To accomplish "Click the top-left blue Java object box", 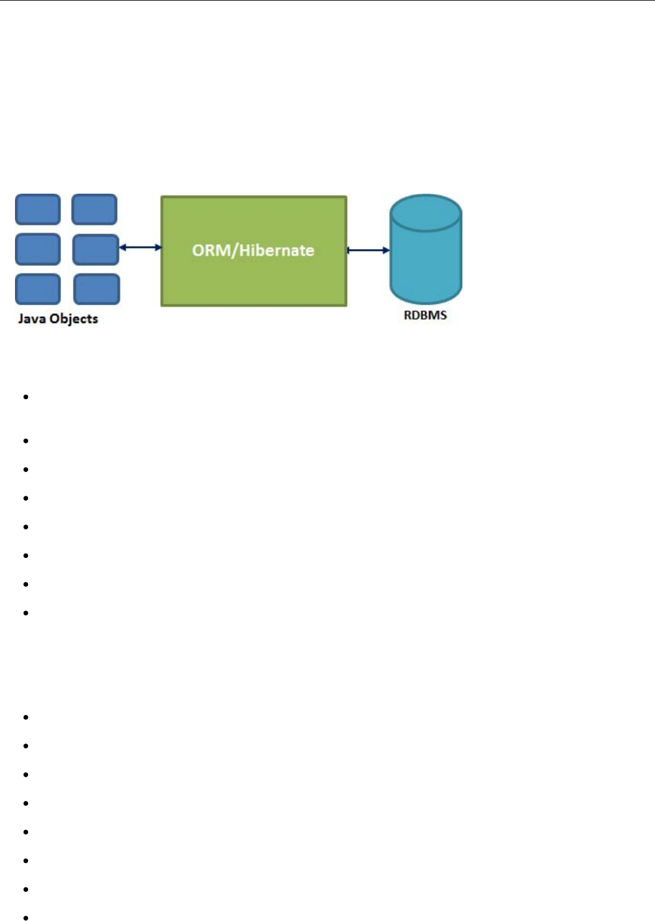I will [38, 209].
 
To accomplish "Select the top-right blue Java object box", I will [94, 209].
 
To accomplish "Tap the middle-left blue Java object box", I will [38, 249].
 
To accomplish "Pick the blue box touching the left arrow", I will [95, 249].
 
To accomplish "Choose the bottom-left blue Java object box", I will [38, 289].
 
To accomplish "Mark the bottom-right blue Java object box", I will [97, 289].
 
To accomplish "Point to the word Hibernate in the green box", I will [276, 250].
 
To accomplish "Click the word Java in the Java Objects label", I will [31, 319].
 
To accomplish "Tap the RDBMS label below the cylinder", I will [425, 315].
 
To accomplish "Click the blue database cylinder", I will [426, 262].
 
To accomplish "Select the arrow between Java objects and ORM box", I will [140, 248].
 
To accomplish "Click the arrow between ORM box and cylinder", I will [368, 250].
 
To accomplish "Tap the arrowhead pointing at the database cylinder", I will [386, 250].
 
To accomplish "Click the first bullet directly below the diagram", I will [26, 397].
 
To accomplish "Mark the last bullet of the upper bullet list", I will [26, 613].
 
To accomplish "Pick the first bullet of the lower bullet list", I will [26, 717].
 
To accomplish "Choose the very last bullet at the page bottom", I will [26, 917].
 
